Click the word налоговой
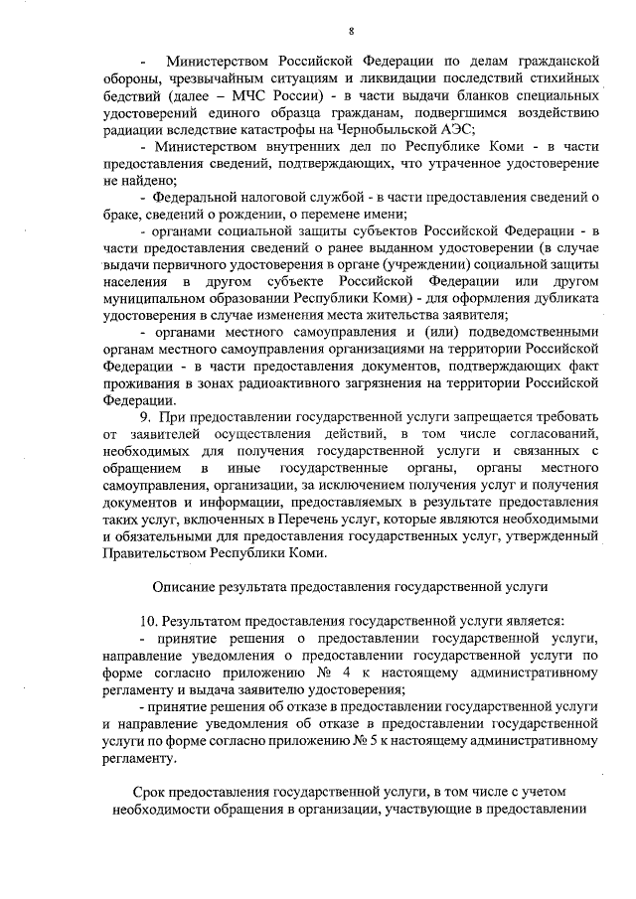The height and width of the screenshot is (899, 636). [268, 197]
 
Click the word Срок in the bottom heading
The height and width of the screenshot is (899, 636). [151, 792]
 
